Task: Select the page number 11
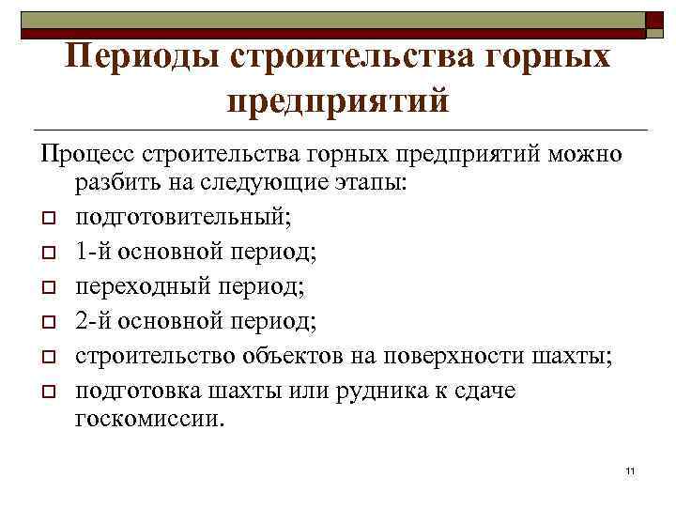631,469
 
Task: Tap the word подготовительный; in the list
184,218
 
